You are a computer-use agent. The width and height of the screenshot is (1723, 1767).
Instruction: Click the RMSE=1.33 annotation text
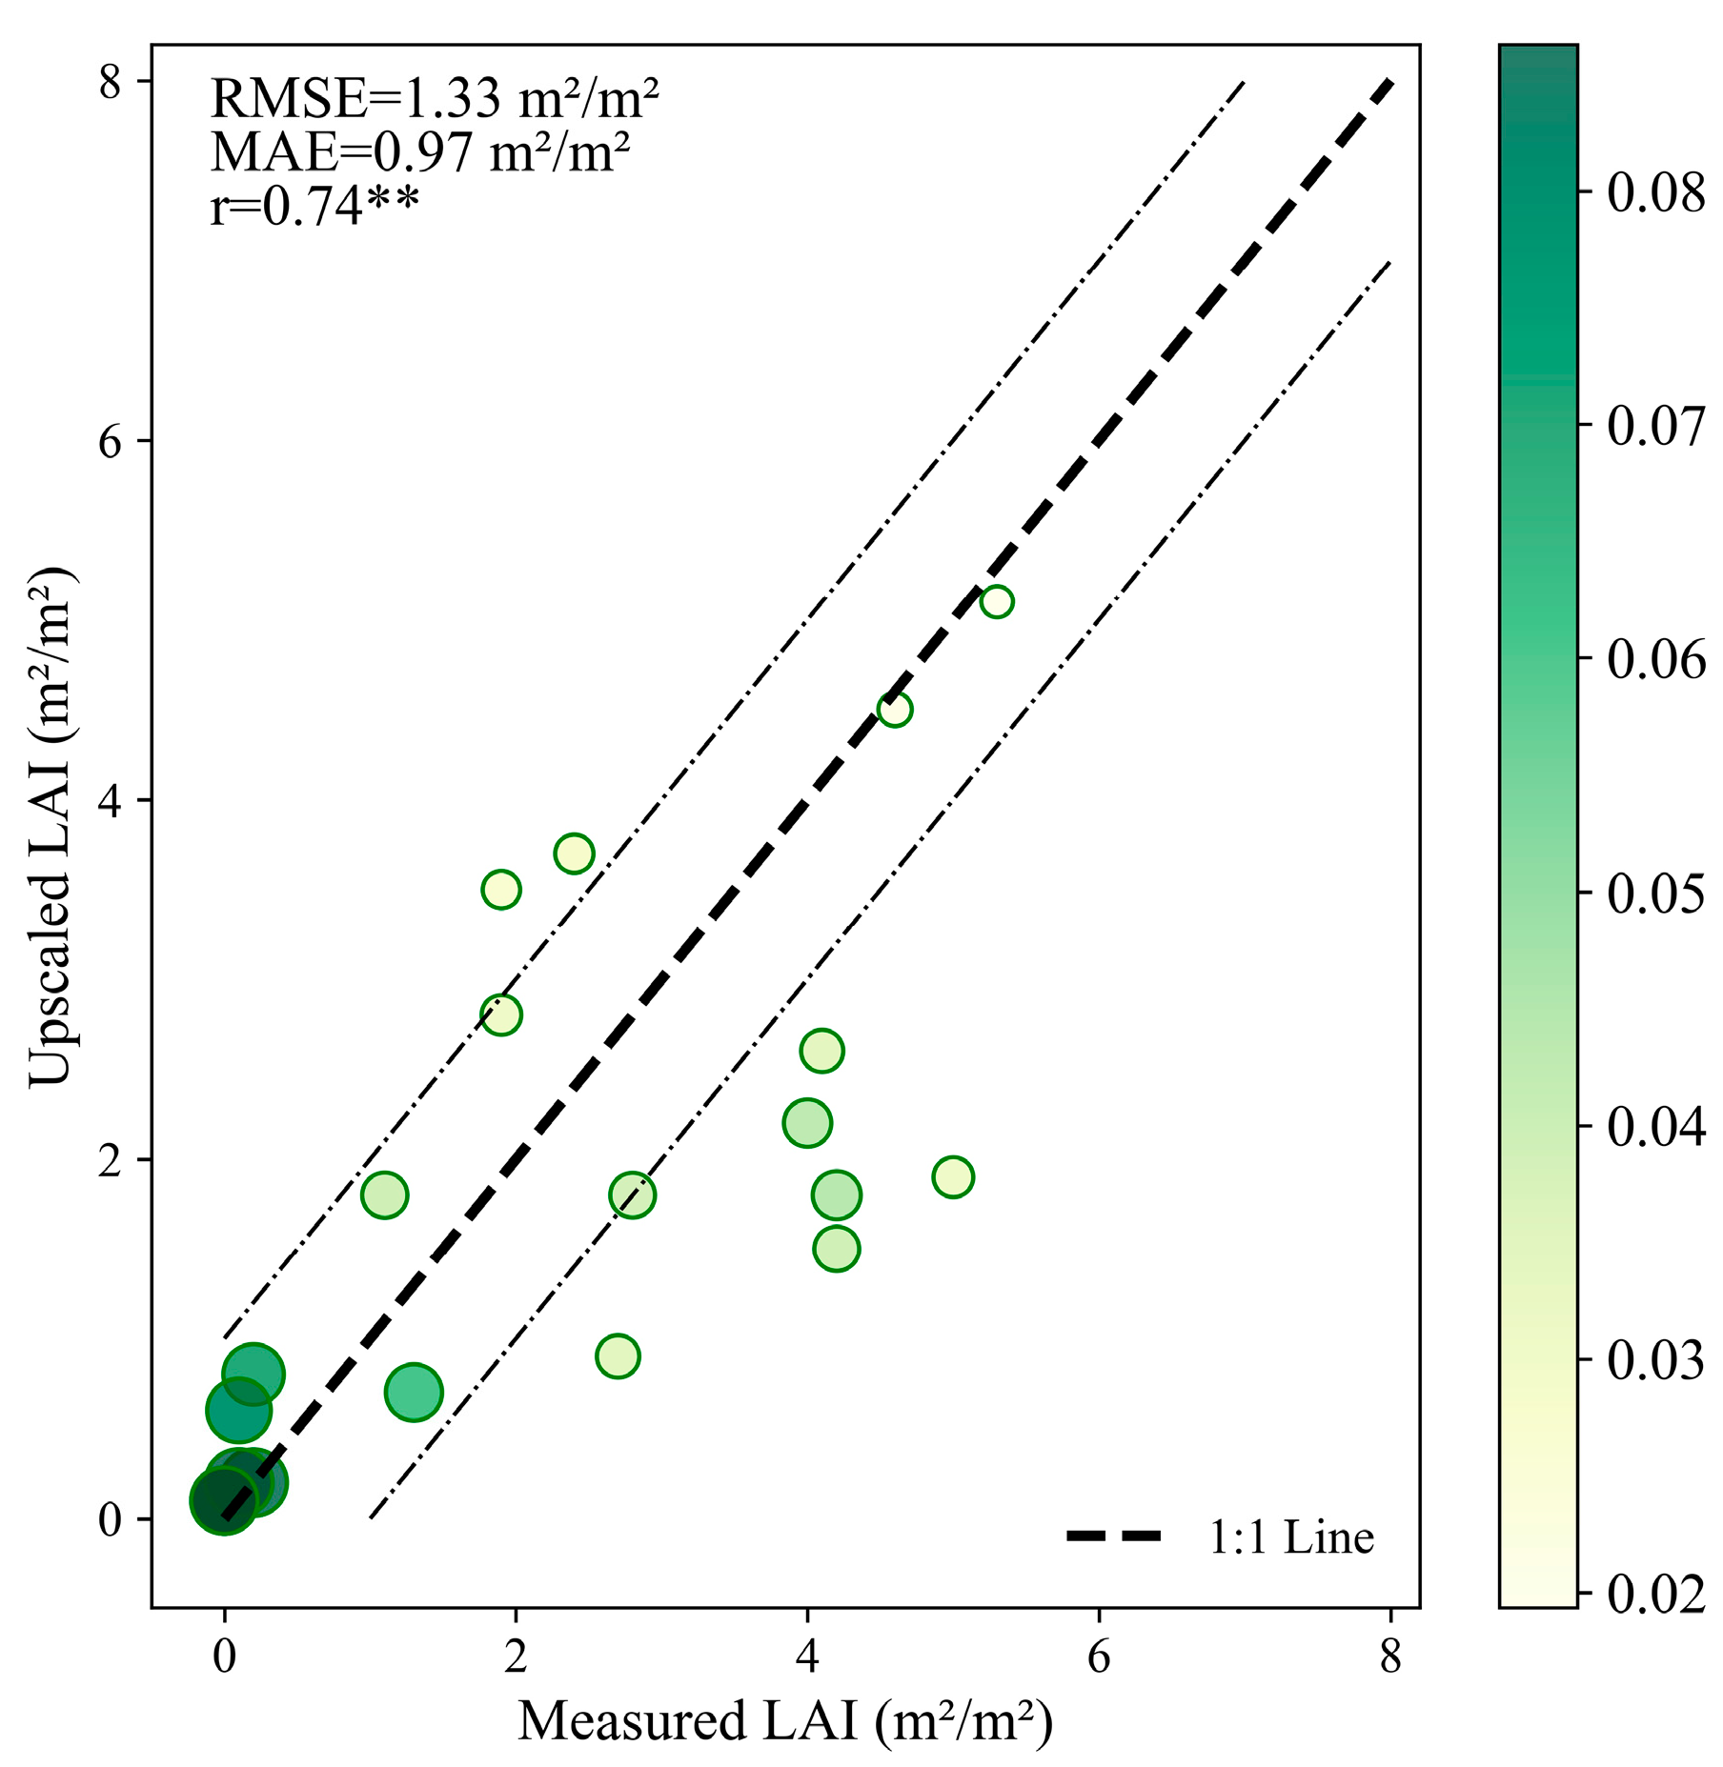pyautogui.click(x=434, y=98)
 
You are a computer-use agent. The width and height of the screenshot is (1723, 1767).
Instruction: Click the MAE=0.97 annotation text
pyautogui.click(x=419, y=151)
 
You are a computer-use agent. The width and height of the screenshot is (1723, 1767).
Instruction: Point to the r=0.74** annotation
pyautogui.click(x=314, y=206)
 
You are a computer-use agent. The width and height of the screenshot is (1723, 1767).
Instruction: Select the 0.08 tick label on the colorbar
pyautogui.click(x=1655, y=193)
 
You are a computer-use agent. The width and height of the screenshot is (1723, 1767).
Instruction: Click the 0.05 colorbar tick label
pyautogui.click(x=1655, y=894)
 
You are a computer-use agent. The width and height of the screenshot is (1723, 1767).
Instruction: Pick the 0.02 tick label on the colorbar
pyautogui.click(x=1655, y=1594)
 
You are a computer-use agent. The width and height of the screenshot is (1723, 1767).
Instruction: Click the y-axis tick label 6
pyautogui.click(x=111, y=441)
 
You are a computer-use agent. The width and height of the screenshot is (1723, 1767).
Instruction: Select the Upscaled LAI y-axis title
pyautogui.click(x=50, y=825)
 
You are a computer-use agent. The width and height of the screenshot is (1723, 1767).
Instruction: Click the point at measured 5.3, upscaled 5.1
pyautogui.click(x=996, y=602)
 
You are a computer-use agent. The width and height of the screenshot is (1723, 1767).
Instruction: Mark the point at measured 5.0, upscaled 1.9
pyautogui.click(x=953, y=1177)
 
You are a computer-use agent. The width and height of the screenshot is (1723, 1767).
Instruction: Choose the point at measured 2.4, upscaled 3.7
pyautogui.click(x=574, y=853)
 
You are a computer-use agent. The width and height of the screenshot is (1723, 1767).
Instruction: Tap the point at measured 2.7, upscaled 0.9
pyautogui.click(x=618, y=1356)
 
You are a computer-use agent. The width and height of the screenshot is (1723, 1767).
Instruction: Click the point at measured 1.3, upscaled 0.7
pyautogui.click(x=414, y=1393)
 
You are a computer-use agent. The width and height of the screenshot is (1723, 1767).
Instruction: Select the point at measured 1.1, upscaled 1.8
pyautogui.click(x=384, y=1195)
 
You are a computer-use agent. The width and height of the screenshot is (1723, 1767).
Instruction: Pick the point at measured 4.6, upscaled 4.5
pyautogui.click(x=894, y=710)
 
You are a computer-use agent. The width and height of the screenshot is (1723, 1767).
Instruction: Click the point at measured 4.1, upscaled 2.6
pyautogui.click(x=821, y=1052)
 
